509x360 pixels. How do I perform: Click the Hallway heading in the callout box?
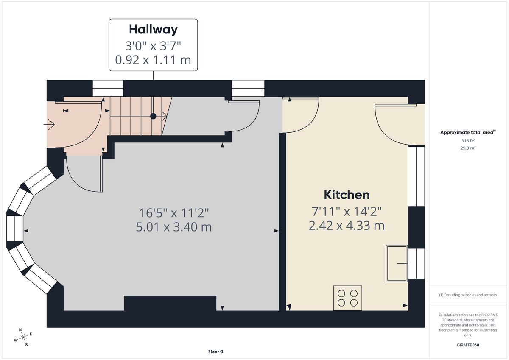click(153, 30)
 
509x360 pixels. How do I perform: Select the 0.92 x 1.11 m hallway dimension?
click(153, 60)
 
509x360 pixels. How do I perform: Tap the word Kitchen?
click(347, 195)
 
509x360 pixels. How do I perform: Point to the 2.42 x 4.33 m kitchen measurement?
click(347, 225)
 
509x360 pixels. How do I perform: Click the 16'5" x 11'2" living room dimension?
click(173, 212)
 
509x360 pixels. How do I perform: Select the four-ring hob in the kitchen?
click(347, 297)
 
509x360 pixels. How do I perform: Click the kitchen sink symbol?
click(396, 263)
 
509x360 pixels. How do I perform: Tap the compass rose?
click(23, 337)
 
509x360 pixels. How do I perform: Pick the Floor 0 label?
click(215, 352)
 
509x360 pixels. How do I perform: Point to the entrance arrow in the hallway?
click(49, 125)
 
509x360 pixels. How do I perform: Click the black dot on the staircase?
click(153, 116)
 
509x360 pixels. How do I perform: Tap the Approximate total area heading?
click(467, 133)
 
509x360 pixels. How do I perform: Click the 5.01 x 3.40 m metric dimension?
click(173, 227)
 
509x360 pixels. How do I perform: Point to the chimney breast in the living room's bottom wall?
click(170, 304)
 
